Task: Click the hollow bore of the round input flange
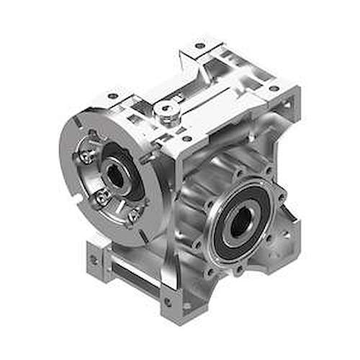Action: pyautogui.click(x=113, y=175)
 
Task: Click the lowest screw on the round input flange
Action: pyautogui.click(x=133, y=214)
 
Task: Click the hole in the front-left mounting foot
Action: pyautogui.click(x=91, y=258)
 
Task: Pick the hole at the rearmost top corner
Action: pyautogui.click(x=199, y=45)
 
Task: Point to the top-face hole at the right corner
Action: pyautogui.click(x=274, y=88)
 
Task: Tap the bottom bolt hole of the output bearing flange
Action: pyautogui.click(x=238, y=271)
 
